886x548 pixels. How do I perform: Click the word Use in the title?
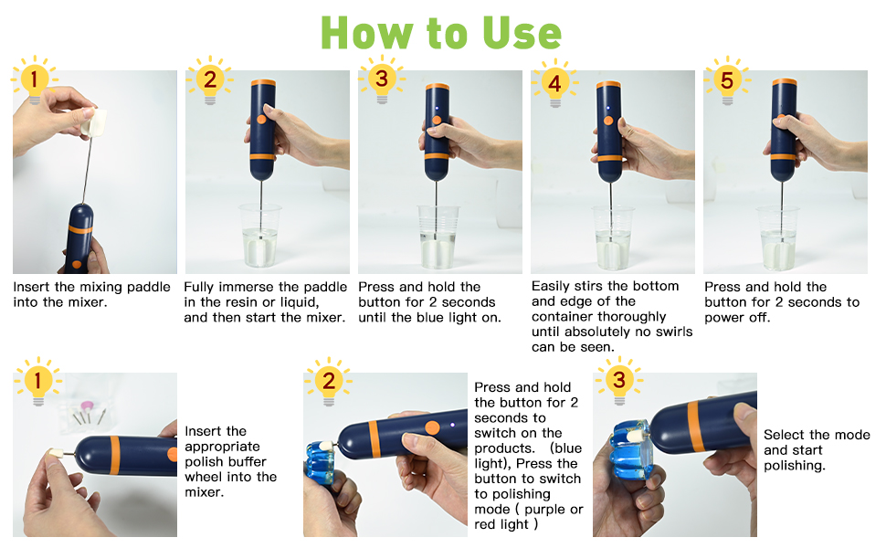[x=522, y=33]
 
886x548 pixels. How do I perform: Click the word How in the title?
[x=366, y=33]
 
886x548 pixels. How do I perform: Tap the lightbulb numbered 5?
[x=727, y=80]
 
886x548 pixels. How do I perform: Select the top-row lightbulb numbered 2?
[x=210, y=80]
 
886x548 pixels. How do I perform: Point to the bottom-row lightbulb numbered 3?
[x=619, y=381]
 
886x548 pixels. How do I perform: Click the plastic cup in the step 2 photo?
[x=260, y=236]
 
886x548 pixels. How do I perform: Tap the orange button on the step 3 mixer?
[x=437, y=121]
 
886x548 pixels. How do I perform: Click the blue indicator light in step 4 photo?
[x=607, y=108]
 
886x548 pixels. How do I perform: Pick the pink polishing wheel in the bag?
[x=87, y=406]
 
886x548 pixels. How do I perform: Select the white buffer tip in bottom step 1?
[x=56, y=454]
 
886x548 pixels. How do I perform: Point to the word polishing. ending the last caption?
[x=795, y=466]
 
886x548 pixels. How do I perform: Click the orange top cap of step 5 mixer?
[x=785, y=81]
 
